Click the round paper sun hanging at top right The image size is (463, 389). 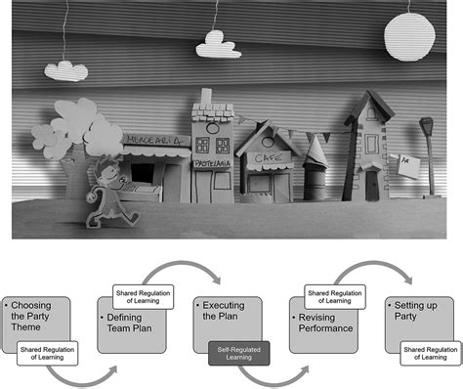tap(408, 37)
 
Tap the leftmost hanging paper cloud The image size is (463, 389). tap(66, 69)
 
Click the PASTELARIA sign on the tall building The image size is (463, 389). tap(212, 162)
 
